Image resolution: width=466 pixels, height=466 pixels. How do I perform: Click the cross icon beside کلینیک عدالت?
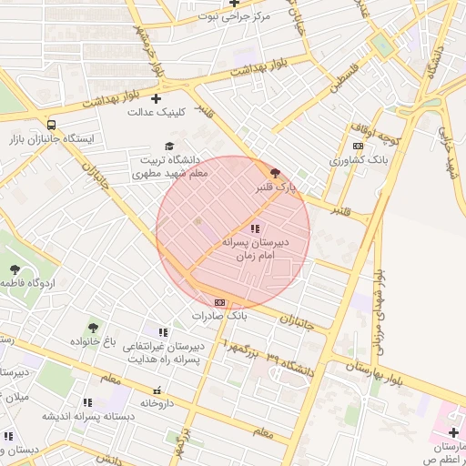coord(156,98)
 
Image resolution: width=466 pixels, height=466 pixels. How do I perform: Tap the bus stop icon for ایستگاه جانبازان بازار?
coord(52,126)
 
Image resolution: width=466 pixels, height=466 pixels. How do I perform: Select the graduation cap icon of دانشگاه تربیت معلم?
coord(168,146)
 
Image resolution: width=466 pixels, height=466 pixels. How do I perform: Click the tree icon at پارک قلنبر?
coord(275,172)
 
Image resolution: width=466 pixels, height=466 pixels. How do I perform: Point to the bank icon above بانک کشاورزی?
coord(358,146)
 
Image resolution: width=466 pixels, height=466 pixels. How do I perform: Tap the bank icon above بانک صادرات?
coord(219,302)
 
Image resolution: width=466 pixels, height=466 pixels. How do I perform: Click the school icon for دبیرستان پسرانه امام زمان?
coord(255,228)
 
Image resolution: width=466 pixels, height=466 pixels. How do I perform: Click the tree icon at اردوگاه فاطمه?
coord(15,268)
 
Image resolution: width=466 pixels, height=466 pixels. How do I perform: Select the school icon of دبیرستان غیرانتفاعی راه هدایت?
coord(163,333)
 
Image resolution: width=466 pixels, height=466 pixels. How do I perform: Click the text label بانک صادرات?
coord(219,316)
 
